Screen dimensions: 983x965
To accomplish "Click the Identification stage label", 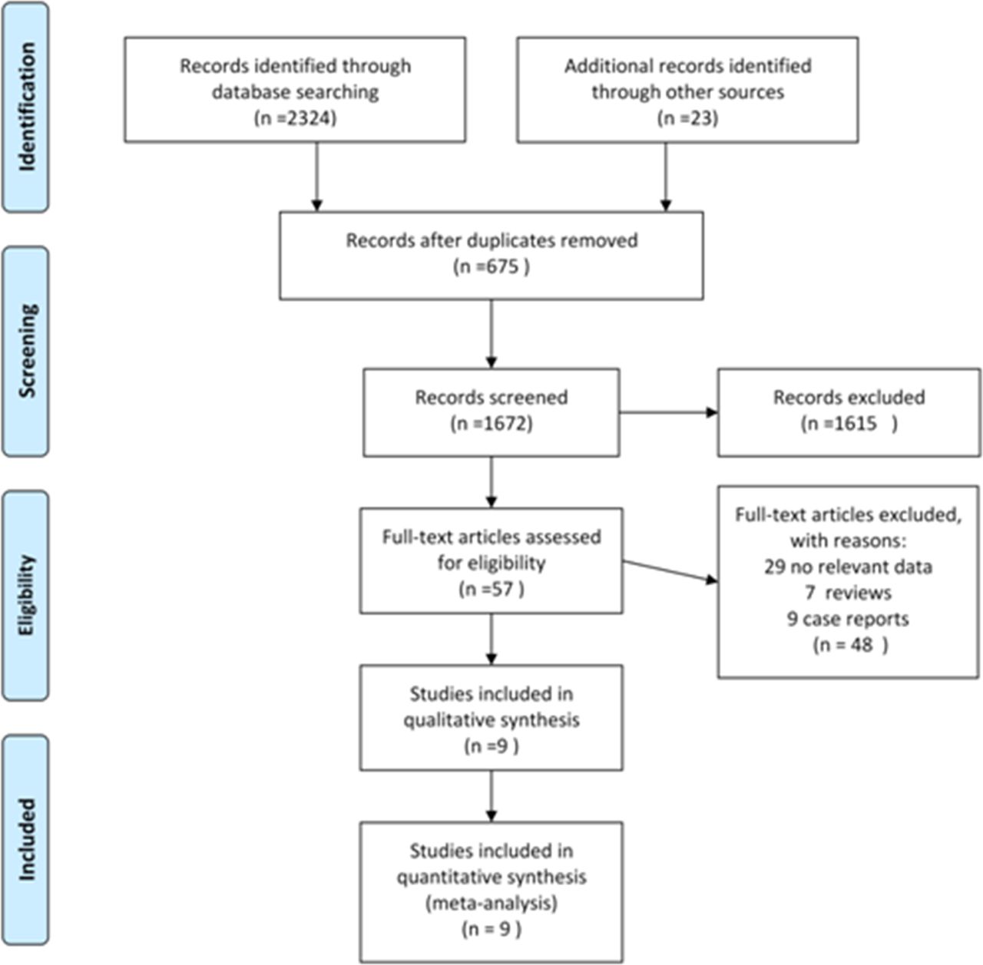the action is (27, 107).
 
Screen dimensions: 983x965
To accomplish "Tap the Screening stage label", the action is (27, 351).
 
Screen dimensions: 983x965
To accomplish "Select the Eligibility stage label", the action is (27, 595).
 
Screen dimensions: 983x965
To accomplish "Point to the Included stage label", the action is (27, 840).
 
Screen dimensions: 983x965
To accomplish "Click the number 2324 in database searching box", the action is (310, 118).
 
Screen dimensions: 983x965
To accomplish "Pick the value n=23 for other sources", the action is (687, 118).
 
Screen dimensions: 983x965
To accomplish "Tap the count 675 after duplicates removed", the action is (502, 266).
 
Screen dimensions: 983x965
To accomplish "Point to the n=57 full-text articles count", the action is (491, 589).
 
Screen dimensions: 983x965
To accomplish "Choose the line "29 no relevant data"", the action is (849, 567).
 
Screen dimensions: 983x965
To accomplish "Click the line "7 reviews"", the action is (849, 593).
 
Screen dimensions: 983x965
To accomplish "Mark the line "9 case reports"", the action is (849, 619).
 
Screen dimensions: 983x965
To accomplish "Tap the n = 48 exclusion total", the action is (850, 645).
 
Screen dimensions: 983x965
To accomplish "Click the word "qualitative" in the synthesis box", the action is (447, 720).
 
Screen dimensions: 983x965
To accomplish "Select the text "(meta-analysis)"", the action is (491, 904).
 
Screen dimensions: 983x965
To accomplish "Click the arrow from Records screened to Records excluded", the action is (669, 412).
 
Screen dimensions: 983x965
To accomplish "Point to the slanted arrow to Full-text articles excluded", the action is (670, 571).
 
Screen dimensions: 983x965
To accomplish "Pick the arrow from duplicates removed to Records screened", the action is (491, 334).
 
